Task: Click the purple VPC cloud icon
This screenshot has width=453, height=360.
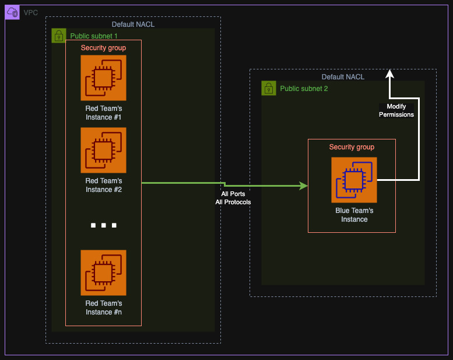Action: [x=12, y=12]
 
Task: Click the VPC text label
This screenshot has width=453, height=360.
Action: [x=31, y=12]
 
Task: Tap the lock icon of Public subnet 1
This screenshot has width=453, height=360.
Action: [x=58, y=36]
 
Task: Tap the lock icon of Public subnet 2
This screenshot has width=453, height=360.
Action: [x=268, y=88]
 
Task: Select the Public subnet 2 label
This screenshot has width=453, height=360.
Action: [x=304, y=89]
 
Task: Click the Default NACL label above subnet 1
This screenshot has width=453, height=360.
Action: [x=133, y=25]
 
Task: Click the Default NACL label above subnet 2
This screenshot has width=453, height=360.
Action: [x=343, y=77]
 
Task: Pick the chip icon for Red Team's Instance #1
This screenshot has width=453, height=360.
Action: [x=103, y=78]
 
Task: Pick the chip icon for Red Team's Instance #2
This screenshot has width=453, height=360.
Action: [x=103, y=151]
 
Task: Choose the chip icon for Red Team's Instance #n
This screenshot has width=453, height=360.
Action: [x=103, y=273]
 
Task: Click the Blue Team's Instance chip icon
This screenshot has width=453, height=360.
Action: [x=354, y=180]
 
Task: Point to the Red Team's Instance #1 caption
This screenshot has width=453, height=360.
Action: [x=103, y=113]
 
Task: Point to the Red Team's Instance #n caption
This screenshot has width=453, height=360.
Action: [x=103, y=307]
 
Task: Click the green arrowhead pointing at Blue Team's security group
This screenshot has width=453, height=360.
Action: [x=303, y=186]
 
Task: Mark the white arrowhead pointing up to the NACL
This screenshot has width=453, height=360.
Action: [x=389, y=74]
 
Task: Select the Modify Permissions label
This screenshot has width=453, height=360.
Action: [x=396, y=110]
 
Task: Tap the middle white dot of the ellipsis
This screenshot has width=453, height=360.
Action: [x=103, y=225]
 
